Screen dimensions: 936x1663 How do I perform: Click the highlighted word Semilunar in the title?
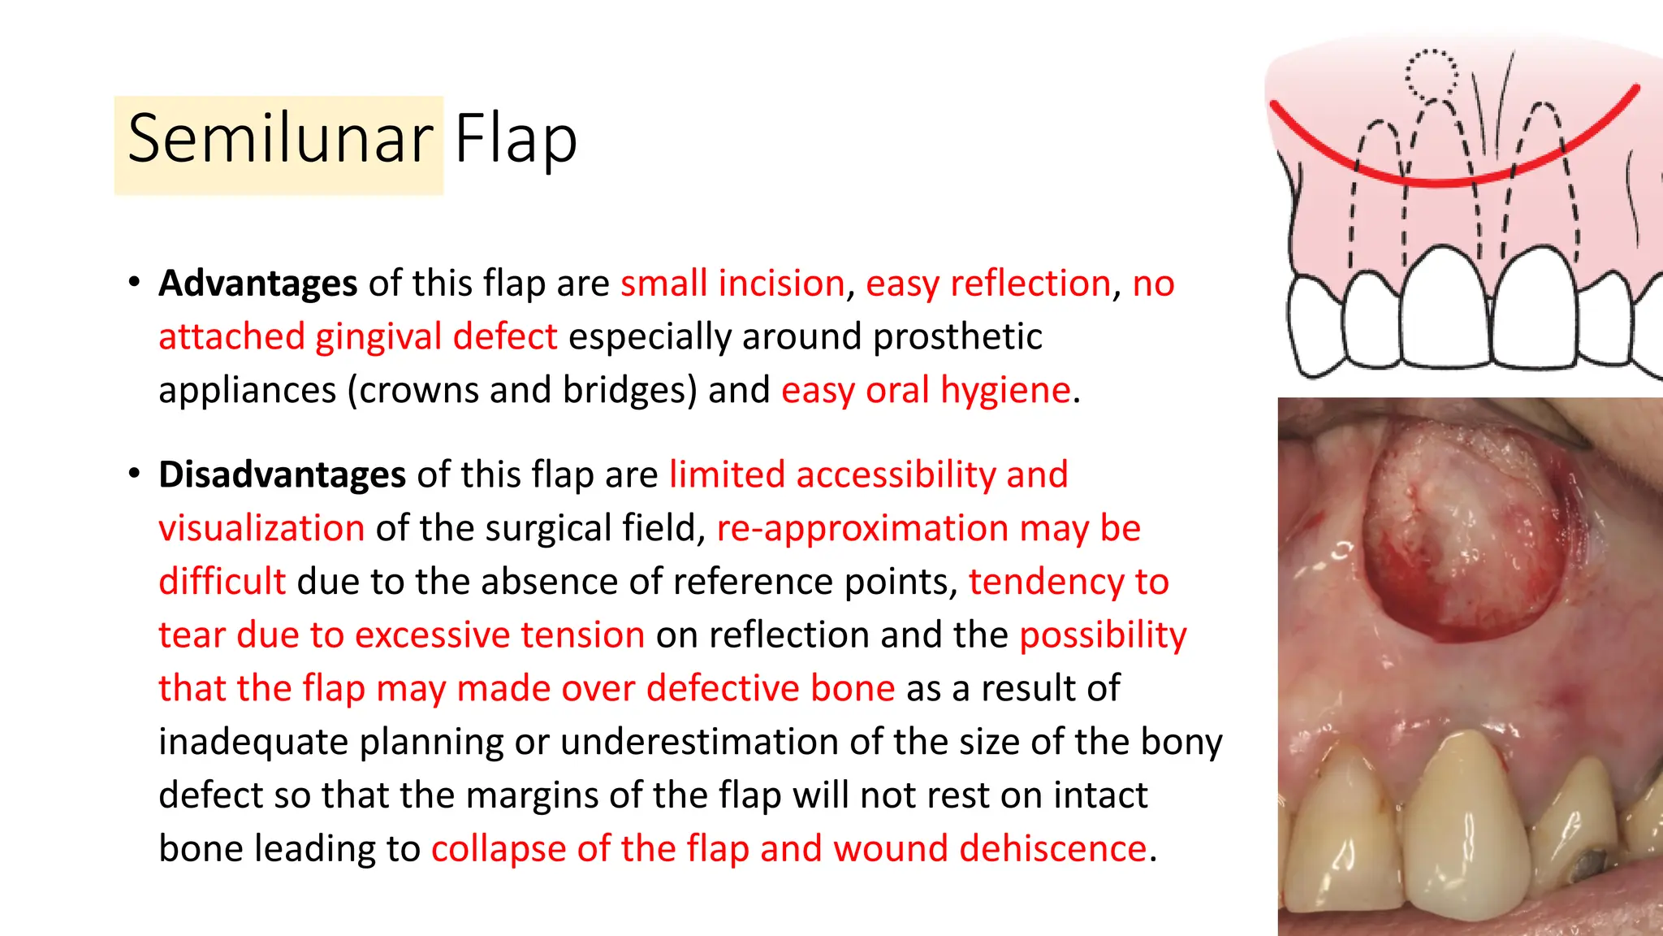coord(280,140)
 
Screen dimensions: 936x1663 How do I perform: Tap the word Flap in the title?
coord(516,140)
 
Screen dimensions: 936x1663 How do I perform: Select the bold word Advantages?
coord(258,284)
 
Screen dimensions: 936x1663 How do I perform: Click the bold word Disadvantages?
coord(282,474)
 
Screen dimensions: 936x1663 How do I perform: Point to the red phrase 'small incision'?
coord(732,284)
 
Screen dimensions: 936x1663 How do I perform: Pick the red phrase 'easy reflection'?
coord(988,284)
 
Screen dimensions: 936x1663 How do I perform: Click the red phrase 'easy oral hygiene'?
coord(926,390)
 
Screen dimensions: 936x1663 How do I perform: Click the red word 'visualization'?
coord(261,528)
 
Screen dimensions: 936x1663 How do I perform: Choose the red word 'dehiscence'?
coord(1052,848)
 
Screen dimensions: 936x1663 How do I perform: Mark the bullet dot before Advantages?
coord(134,283)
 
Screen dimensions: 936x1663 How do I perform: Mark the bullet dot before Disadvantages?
coord(134,474)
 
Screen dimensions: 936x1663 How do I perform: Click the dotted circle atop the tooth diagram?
coord(1432,76)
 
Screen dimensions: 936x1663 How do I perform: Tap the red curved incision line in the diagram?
coord(1445,179)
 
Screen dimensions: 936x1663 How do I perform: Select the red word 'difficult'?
coord(222,582)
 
